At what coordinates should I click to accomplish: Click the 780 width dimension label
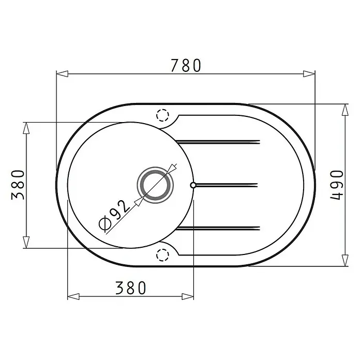point(186,66)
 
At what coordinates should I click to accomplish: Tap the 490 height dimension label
point(337,185)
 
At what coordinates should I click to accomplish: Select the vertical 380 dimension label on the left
point(18,185)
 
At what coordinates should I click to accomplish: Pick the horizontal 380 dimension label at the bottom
point(130,288)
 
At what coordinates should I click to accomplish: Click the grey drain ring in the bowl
point(155,185)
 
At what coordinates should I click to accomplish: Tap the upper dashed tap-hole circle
point(162,115)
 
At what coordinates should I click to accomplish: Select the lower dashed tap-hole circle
point(162,255)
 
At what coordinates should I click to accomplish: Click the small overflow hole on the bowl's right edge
point(193,185)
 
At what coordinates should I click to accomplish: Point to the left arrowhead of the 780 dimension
point(62,74)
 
